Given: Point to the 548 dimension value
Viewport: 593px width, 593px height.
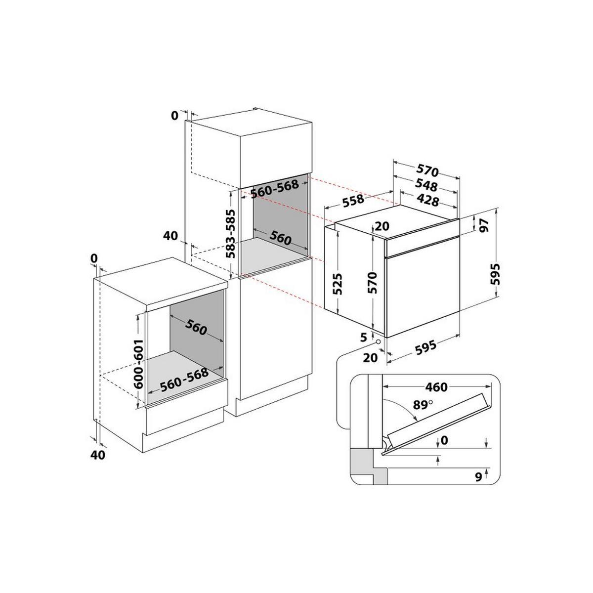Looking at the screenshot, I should (x=426, y=186).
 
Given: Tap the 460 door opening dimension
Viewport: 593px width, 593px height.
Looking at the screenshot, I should (x=435, y=387).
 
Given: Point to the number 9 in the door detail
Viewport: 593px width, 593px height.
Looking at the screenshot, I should (x=477, y=477).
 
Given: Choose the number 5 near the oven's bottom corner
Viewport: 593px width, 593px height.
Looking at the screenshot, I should (x=364, y=337).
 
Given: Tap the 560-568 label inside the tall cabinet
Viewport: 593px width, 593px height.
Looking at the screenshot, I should (x=275, y=188).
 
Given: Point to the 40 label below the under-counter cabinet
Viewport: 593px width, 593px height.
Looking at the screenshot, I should (x=99, y=455).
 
